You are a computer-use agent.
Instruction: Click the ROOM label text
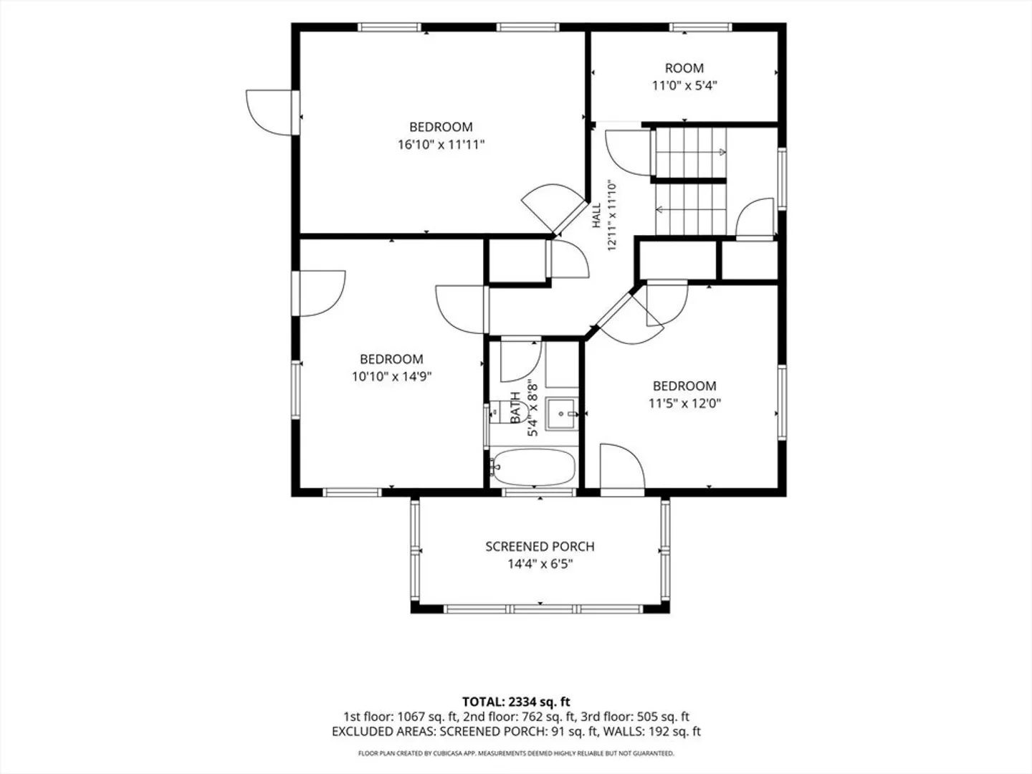684,68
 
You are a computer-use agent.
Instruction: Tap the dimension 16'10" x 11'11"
441,144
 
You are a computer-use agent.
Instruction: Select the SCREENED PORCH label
540,547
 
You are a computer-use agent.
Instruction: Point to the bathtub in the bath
533,467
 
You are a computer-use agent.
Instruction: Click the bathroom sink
562,414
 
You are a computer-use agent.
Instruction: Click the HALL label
596,215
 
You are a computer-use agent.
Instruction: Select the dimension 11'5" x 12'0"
684,403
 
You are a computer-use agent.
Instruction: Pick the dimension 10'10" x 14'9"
391,376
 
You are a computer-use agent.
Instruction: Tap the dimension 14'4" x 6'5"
540,563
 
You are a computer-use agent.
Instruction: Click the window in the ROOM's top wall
700,27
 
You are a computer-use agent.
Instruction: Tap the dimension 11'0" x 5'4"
684,85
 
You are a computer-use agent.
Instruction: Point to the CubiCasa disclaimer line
516,753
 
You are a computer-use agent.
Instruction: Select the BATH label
516,407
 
